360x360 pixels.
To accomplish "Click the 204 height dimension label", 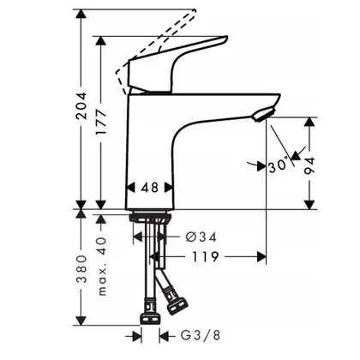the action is click(x=82, y=105).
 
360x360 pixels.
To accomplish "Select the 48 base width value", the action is click(x=150, y=188).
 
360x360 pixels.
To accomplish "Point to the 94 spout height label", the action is click(x=309, y=165).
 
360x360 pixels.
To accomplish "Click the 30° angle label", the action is click(x=279, y=166).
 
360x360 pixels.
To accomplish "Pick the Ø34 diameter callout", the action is click(x=201, y=237).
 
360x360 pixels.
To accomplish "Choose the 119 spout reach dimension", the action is click(x=205, y=257).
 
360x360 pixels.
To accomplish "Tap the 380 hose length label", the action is click(x=82, y=269).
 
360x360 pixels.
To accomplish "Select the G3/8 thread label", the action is click(x=201, y=335).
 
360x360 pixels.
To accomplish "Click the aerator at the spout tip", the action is click(x=263, y=114).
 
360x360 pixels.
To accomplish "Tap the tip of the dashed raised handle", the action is click(x=195, y=10).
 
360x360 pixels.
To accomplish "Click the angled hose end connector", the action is click(x=177, y=305).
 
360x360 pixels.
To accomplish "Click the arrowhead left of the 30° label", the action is click(x=261, y=166).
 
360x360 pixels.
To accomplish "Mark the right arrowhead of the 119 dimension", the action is click(x=261, y=257).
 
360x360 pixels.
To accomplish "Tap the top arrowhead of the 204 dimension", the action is click(x=81, y=14).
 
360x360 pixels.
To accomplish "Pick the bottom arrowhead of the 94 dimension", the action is click(x=309, y=205).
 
